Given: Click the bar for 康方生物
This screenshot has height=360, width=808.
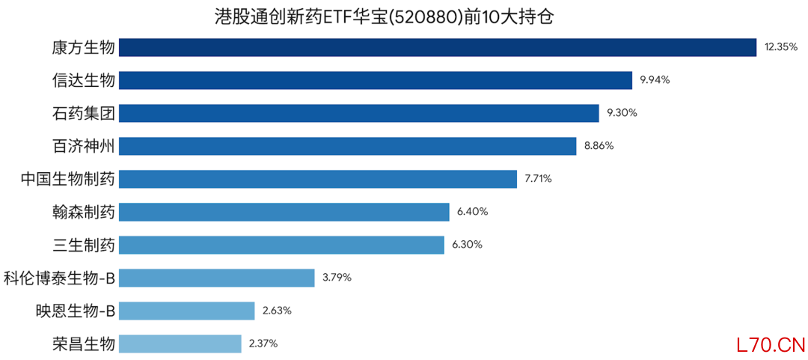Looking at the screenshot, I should coord(438,47).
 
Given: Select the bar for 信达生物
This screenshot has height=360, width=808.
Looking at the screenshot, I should coord(376,80).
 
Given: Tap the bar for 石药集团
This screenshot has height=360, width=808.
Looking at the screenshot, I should coord(359,113).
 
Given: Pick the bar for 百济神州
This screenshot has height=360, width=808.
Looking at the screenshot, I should coord(347,146).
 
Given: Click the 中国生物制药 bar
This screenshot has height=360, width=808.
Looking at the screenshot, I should coord(318,179).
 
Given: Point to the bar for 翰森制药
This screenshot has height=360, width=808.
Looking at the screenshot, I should coord(284,212).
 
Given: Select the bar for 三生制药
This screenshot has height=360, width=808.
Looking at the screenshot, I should coord(281,245).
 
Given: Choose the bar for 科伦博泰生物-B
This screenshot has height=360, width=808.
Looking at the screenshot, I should coord(216,278).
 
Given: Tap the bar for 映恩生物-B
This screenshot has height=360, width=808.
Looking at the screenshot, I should coord(187,311).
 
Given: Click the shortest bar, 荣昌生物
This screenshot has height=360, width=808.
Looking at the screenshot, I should coord(180,344).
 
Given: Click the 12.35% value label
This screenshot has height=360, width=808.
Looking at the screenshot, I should coord(781,47).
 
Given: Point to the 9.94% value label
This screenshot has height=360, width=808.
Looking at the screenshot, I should coord(655,80).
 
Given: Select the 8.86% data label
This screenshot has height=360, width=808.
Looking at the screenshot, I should coord(599,146).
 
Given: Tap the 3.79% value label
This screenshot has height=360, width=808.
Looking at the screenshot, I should coord(337,278).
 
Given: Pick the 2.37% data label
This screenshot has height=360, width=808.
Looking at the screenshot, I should coord(263,344).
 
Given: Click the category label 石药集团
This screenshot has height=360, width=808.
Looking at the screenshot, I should coord(83,113).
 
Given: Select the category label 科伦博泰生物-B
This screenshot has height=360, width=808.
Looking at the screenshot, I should coord(59,278).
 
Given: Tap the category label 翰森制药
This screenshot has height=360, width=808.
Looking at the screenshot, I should coord(83,212).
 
